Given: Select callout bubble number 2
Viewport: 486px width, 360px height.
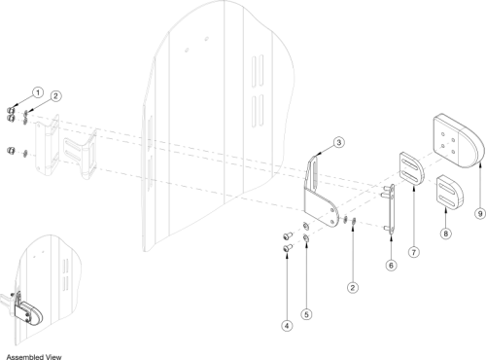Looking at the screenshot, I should (x=354, y=288).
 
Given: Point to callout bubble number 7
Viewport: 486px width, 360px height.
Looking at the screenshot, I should (x=414, y=252).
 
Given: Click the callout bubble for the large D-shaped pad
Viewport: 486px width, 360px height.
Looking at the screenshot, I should (x=478, y=212).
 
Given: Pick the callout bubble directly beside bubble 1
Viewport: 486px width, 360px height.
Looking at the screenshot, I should (x=56, y=96).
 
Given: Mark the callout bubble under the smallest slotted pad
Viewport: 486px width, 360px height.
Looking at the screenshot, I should (x=445, y=234).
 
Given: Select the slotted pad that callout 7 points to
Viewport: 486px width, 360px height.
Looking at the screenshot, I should (x=407, y=169).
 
